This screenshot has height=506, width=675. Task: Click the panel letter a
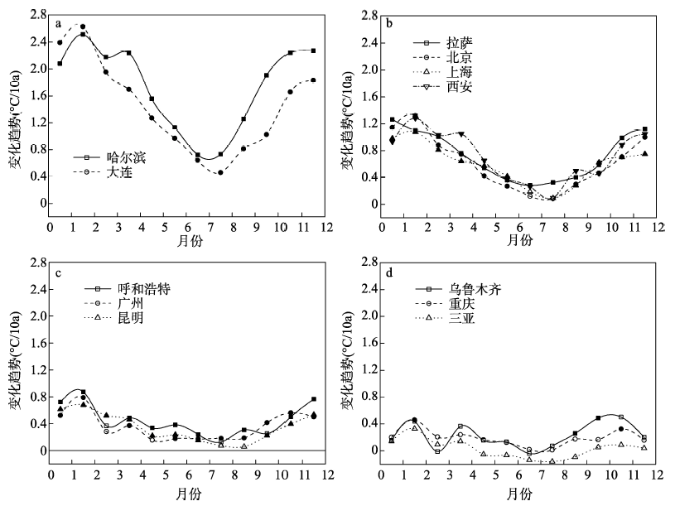click(58, 24)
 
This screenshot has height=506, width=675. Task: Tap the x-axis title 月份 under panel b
click(518, 240)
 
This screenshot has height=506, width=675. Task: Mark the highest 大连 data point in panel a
click(83, 27)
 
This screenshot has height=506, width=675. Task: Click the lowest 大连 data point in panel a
click(220, 172)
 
